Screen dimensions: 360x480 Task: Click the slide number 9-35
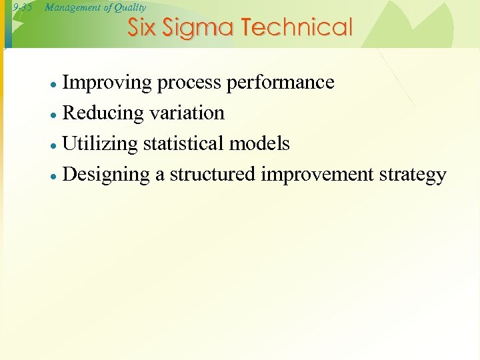coord(22,8)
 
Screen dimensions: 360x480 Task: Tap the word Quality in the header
coord(129,7)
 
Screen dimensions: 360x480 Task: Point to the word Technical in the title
coord(297,28)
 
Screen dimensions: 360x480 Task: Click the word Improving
coord(107,83)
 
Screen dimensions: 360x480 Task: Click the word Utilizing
coord(100,144)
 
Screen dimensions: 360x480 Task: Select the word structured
coord(213,175)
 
